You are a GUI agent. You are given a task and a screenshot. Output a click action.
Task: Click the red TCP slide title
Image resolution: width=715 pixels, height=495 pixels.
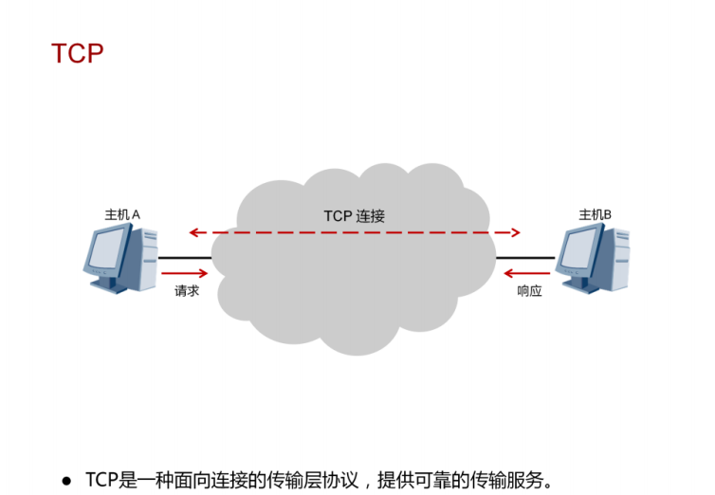pos(77,54)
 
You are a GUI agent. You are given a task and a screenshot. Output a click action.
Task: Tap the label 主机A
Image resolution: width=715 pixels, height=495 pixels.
pos(122,215)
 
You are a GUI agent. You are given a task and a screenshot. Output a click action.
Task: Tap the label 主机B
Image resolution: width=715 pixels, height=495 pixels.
pos(595,215)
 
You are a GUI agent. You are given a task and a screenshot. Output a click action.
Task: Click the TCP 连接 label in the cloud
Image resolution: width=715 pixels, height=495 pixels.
pos(354,216)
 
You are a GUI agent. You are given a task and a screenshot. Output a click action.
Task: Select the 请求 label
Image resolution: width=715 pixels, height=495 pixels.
pos(187,291)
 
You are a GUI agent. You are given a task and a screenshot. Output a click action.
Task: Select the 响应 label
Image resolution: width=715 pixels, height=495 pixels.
pos(529,291)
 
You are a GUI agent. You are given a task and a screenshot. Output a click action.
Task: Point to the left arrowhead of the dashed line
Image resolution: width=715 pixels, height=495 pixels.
pos(192,232)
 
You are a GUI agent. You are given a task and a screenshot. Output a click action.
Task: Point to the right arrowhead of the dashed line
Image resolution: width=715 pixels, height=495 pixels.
pos(516,232)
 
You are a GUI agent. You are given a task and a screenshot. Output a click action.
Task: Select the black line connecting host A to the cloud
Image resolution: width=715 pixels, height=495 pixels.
pos(184,257)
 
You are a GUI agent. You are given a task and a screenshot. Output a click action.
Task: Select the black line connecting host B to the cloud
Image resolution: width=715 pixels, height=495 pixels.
pos(524,257)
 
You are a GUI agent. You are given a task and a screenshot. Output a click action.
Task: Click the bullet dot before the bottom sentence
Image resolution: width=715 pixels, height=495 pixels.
pos(66,480)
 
